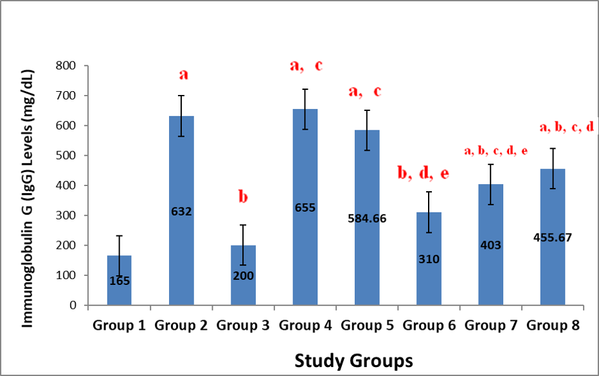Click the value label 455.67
(x=553, y=237)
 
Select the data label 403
(x=490, y=244)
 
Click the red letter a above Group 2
(x=183, y=75)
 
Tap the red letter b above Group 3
(x=243, y=196)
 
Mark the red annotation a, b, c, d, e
(x=496, y=151)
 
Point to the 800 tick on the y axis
(x=67, y=65)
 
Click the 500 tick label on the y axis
(x=67, y=155)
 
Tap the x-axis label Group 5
(x=367, y=325)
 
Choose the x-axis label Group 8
(x=553, y=325)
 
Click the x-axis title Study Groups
(x=353, y=360)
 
